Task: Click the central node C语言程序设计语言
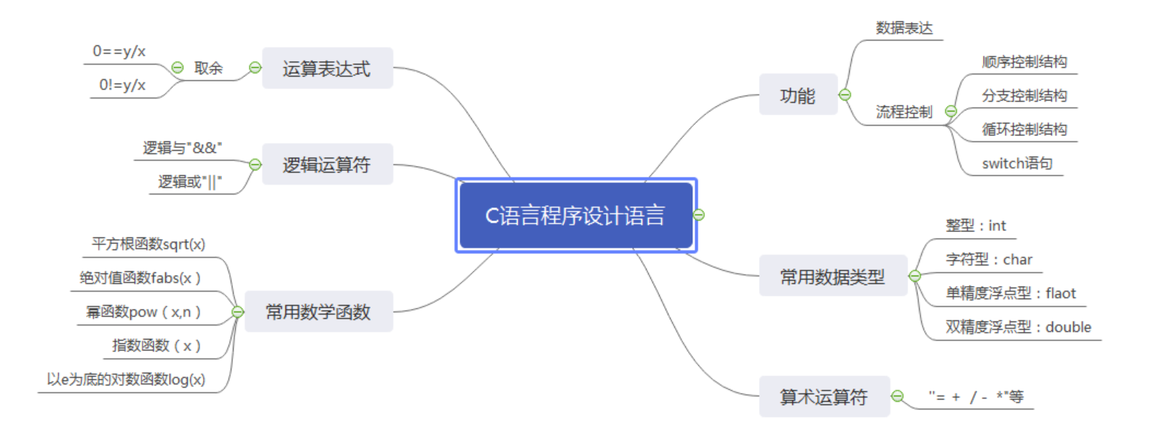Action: coord(575,215)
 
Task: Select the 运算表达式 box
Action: coord(327,68)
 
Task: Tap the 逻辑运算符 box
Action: coord(327,164)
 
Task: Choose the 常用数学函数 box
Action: coord(318,311)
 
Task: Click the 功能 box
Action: coord(797,95)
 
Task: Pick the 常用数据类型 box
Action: coord(832,276)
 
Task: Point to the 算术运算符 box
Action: coord(824,397)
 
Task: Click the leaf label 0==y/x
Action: coord(119,52)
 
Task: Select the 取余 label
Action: coord(208,68)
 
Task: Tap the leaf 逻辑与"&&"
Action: coord(182,148)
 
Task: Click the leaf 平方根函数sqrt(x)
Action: coord(149,244)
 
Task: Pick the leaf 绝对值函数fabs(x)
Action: coord(140,278)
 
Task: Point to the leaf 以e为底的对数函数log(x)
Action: coord(126,379)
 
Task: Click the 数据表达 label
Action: coord(904,28)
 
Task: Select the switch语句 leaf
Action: coord(1016,164)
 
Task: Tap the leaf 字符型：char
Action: coord(989,260)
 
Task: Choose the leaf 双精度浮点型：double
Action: coord(1018,327)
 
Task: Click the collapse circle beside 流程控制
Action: coord(951,111)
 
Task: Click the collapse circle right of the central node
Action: coord(699,215)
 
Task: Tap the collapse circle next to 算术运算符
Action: coord(898,397)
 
